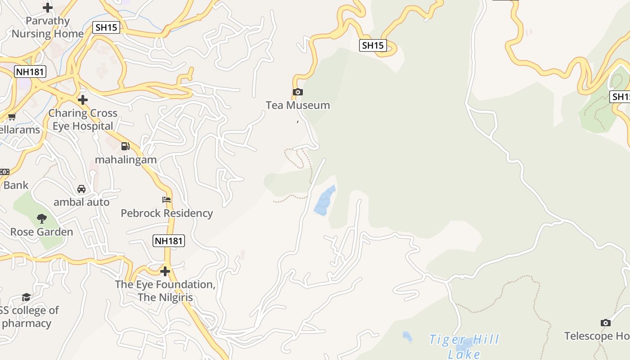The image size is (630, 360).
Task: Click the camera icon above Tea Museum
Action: [297, 92]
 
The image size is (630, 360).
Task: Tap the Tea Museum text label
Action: [297, 105]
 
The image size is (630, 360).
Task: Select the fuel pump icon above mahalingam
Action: [125, 146]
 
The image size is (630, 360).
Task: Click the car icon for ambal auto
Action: [81, 189]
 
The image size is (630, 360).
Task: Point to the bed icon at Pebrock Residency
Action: [166, 200]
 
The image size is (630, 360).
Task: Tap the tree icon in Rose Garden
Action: [42, 219]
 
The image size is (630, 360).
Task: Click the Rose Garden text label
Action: [42, 232]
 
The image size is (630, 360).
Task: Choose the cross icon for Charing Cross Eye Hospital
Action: [82, 99]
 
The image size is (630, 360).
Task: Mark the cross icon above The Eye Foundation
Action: [165, 271]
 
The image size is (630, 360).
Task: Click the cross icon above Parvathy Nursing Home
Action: [47, 8]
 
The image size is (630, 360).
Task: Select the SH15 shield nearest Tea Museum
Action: [373, 45]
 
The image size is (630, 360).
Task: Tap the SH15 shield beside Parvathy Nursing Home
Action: [106, 27]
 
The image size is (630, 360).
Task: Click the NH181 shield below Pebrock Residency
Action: [169, 241]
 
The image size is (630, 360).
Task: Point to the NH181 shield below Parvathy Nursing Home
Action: [30, 71]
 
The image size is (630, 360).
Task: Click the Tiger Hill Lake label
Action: [464, 346]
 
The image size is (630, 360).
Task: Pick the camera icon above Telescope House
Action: [606, 323]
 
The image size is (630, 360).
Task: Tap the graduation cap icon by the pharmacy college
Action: [26, 297]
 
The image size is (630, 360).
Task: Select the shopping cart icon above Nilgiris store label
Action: [12, 117]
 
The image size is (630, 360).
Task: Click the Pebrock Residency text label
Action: [166, 213]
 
